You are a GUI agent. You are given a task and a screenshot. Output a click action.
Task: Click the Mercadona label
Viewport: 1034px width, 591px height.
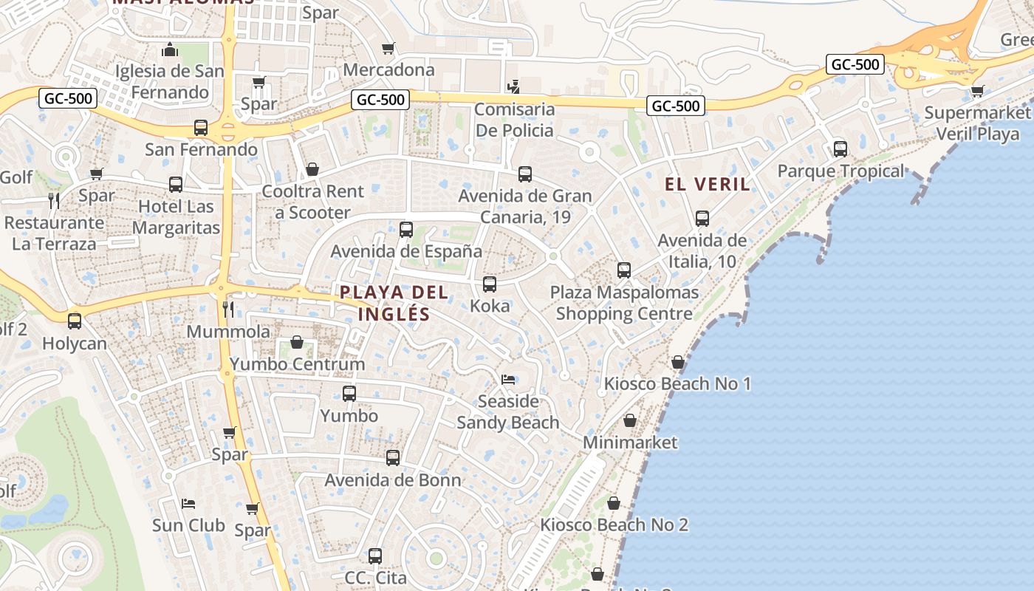pyautogui.click(x=388, y=70)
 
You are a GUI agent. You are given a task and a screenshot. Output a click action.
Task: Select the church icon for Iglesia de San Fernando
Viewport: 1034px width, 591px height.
pyautogui.click(x=170, y=51)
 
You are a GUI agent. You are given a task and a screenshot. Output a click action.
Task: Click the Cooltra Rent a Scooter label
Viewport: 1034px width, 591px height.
pyautogui.click(x=313, y=202)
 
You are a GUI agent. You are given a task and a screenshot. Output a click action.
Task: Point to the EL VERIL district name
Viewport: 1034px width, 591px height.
pyautogui.click(x=708, y=185)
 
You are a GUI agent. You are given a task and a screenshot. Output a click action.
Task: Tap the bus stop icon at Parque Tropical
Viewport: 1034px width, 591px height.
pyautogui.click(x=840, y=149)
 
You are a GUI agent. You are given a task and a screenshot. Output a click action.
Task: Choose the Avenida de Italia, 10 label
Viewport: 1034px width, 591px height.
pyautogui.click(x=702, y=251)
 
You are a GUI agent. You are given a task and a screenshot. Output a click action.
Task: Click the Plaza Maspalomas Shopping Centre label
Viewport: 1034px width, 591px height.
pyautogui.click(x=624, y=303)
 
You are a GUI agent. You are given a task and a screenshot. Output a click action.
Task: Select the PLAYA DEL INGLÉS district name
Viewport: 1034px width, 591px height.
pyautogui.click(x=394, y=303)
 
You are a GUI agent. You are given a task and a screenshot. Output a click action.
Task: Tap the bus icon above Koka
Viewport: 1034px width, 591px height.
pyautogui.click(x=489, y=284)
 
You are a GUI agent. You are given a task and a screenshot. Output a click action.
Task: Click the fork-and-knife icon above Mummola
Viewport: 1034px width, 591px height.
pyautogui.click(x=228, y=308)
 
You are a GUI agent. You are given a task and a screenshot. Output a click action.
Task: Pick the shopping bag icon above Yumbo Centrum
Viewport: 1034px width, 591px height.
pyautogui.click(x=297, y=342)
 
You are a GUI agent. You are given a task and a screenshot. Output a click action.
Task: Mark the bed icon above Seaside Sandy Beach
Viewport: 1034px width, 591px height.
pyautogui.click(x=508, y=380)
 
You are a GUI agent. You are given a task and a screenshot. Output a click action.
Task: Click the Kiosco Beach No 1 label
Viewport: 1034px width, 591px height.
pyautogui.click(x=677, y=384)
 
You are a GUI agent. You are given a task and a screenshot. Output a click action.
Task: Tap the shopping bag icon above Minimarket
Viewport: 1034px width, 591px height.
pyautogui.click(x=630, y=420)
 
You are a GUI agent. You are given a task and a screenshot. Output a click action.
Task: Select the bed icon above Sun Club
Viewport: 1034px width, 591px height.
pyautogui.click(x=188, y=504)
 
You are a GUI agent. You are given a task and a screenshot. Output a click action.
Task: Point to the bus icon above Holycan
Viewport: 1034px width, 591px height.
pyautogui.click(x=75, y=321)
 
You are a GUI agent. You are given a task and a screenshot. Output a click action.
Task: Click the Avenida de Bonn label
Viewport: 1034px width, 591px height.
pyautogui.click(x=393, y=480)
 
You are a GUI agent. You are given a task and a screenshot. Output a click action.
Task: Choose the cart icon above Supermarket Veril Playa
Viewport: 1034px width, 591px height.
pyautogui.click(x=977, y=92)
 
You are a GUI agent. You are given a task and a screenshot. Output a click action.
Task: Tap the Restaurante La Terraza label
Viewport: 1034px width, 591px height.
pyautogui.click(x=54, y=233)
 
